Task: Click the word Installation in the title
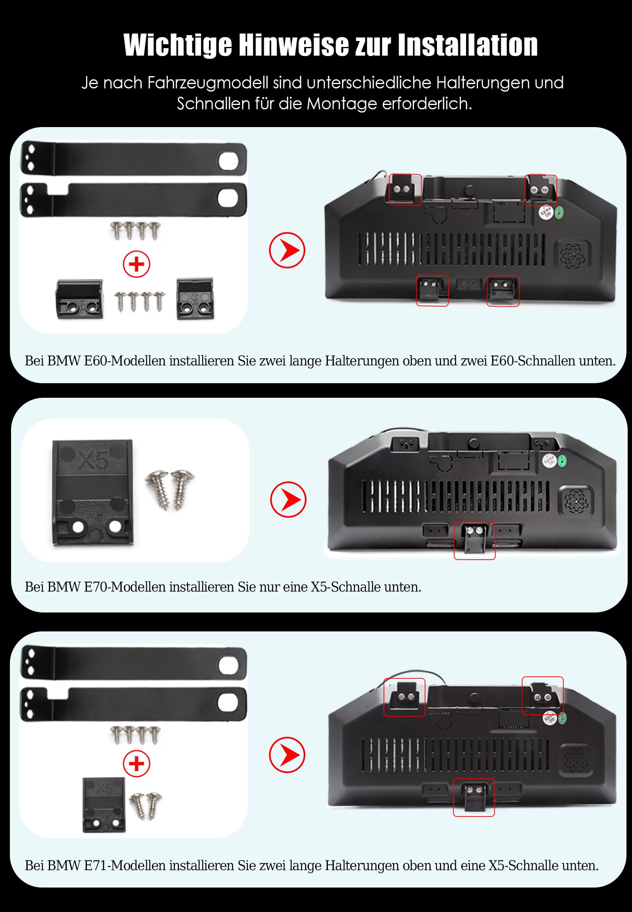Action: [468, 45]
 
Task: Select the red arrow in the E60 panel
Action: [287, 250]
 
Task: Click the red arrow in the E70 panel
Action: [288, 499]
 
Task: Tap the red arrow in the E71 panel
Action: [287, 755]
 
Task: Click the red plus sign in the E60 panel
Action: [137, 264]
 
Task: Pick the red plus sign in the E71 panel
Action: [137, 764]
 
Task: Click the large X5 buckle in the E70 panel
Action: [93, 493]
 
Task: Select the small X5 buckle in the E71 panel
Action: [104, 805]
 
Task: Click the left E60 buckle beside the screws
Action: [80, 299]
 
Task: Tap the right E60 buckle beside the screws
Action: [195, 299]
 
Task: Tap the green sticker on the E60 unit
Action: [560, 213]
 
